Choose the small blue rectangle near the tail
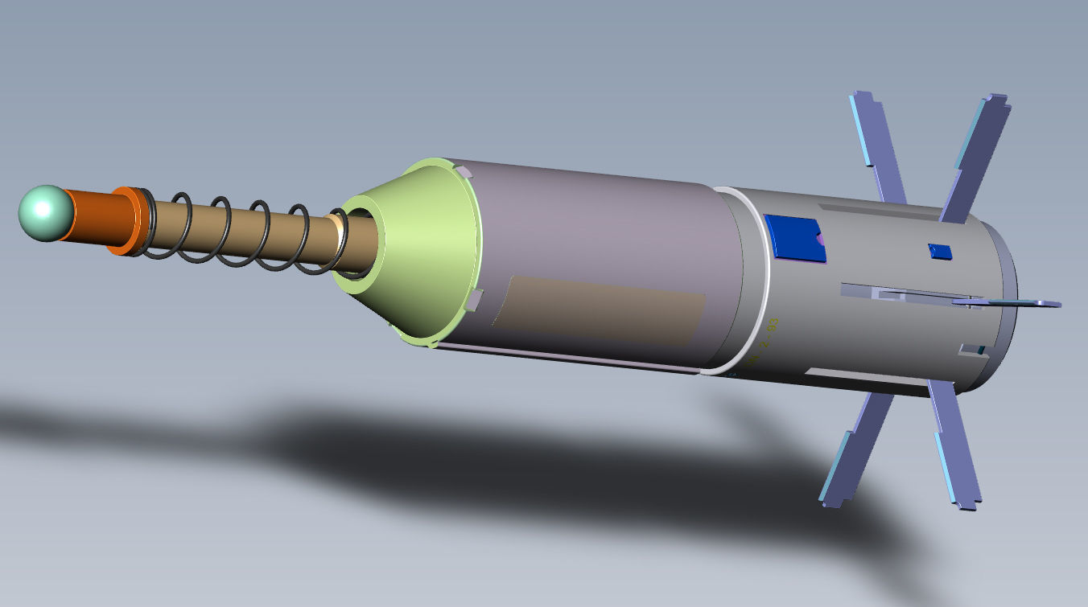(939, 251)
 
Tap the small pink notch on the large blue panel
(819, 239)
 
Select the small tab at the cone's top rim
(464, 170)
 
